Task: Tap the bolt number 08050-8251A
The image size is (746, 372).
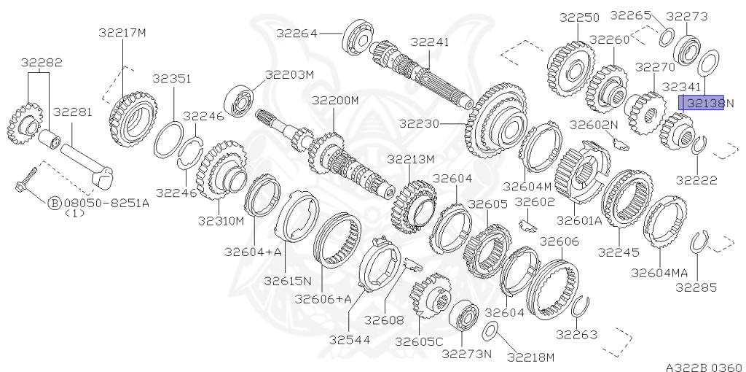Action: pos(106,203)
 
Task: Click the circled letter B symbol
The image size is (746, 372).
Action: pos(54,203)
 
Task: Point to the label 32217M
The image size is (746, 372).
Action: pos(122,32)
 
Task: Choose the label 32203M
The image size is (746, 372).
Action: pos(289,74)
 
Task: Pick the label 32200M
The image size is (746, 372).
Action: pos(335,100)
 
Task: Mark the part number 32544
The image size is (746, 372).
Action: pos(350,340)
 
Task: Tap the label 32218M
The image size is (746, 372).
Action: pos(531,357)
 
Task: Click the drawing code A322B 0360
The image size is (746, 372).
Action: pos(703,367)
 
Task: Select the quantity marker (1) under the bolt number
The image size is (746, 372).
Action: pos(75,214)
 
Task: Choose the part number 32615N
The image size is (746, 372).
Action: pos(287,280)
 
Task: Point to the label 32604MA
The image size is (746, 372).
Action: pos(659,272)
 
